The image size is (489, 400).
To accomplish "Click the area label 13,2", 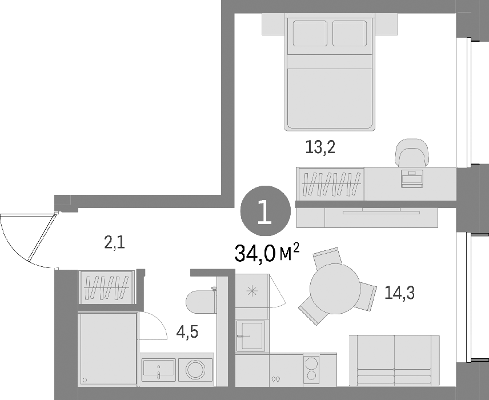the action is (x=320, y=147).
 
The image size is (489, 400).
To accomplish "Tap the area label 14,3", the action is (x=399, y=293).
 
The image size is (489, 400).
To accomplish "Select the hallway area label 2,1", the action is (x=114, y=242).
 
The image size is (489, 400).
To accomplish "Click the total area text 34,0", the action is (x=255, y=253).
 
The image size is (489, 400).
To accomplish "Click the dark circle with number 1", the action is (x=266, y=211).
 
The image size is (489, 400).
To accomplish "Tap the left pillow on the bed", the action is (x=310, y=33).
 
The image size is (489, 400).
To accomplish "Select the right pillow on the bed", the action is (x=350, y=33).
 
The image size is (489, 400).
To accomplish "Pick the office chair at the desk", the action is (x=411, y=153).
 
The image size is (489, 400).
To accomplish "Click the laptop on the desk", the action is (x=412, y=178).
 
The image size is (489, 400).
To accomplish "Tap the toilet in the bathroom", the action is (x=201, y=301).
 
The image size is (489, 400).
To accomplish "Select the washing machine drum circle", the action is (x=195, y=370).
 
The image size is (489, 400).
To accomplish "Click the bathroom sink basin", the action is (x=158, y=370).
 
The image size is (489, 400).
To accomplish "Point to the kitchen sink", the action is (x=250, y=335).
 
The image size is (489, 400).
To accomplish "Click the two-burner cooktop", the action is (x=311, y=370).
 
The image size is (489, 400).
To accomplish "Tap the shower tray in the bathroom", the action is (x=108, y=350).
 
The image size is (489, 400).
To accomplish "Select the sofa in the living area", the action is (x=395, y=361).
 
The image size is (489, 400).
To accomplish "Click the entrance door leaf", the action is (x=42, y=237).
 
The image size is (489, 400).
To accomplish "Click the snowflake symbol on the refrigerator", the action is (x=252, y=291).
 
